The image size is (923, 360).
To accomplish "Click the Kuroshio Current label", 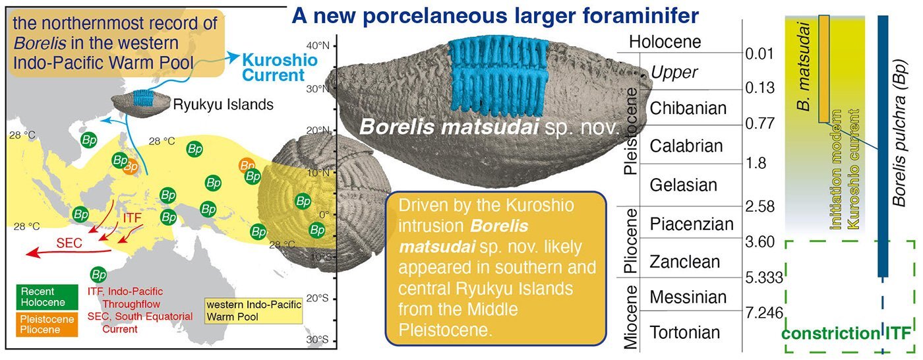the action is [280, 67].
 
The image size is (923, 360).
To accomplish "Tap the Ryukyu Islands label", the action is [223, 105].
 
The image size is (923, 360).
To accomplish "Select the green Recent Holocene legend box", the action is [47, 297].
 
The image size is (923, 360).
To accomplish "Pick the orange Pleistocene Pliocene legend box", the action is [47, 324].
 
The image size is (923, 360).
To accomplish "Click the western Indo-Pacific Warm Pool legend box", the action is [254, 311].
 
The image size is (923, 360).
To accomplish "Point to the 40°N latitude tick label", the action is [318, 45].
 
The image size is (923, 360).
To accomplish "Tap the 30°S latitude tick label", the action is [318, 340].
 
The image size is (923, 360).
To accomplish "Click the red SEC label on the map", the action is [69, 243].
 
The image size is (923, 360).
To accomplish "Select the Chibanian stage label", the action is [688, 108].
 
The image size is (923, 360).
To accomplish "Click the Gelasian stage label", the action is [684, 185].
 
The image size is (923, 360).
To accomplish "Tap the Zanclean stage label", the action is [685, 262].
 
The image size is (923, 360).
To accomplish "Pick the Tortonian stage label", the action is [685, 332].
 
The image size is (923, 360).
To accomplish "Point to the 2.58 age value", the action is [760, 206].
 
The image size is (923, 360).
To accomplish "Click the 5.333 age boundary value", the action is [764, 278].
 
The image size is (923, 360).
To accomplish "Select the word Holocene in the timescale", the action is [665, 42].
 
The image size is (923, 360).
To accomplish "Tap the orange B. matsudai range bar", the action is [824, 69].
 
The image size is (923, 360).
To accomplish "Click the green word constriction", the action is [830, 333].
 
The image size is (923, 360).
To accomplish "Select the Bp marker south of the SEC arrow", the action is [98, 274].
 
